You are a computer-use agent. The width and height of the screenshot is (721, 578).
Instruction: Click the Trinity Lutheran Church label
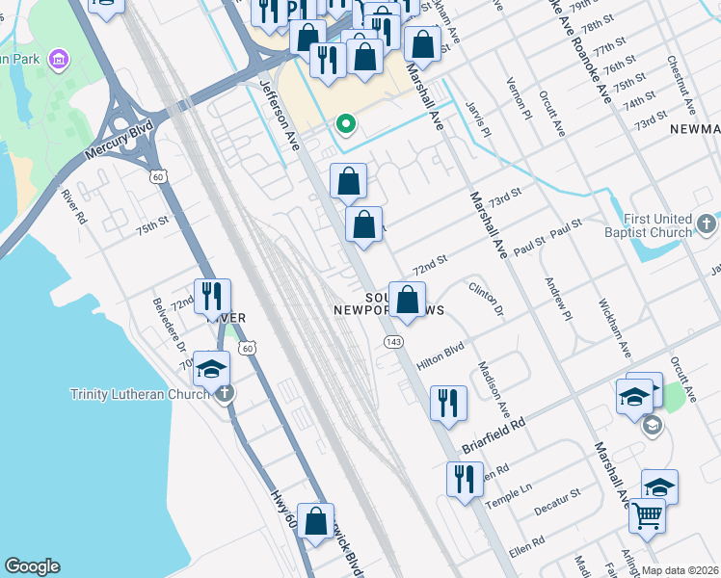(x=139, y=394)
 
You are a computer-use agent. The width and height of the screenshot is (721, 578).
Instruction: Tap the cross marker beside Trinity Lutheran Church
(x=224, y=393)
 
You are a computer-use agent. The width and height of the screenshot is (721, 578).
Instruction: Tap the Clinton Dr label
(x=487, y=298)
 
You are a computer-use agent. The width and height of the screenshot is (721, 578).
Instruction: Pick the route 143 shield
(x=392, y=342)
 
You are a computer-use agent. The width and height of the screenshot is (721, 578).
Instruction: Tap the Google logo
(x=32, y=566)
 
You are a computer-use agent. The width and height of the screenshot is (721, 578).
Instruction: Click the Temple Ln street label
(x=509, y=496)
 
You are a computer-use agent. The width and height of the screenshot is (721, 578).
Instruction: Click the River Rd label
(x=74, y=205)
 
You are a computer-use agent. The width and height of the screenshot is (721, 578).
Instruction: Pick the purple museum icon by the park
(x=60, y=62)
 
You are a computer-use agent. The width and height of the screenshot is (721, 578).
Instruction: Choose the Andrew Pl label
(x=558, y=299)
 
